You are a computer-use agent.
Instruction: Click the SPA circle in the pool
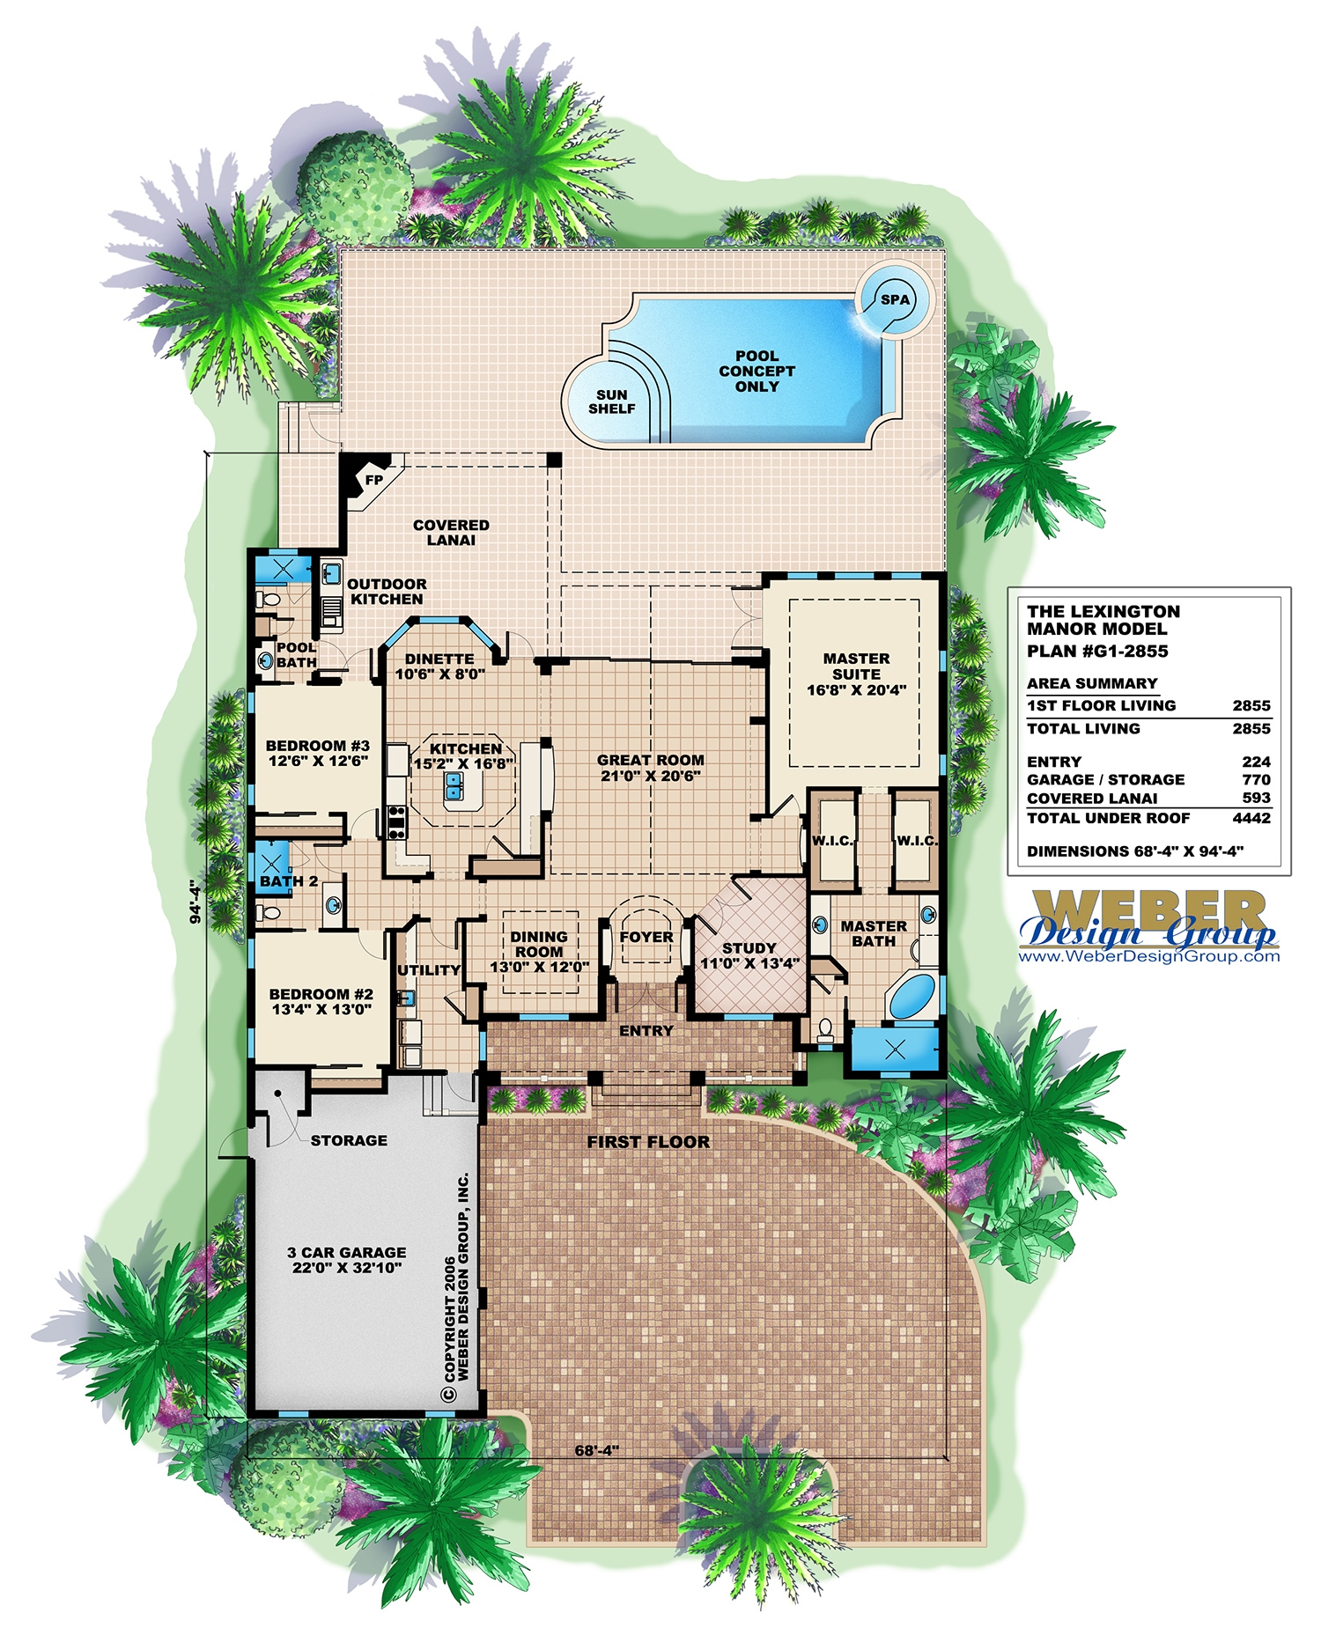[x=895, y=299]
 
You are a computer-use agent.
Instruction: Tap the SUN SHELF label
[x=611, y=401]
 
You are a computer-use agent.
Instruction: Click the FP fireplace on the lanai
[x=373, y=480]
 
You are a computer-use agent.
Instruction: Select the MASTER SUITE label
[x=856, y=666]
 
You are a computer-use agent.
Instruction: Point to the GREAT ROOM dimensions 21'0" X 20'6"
[x=651, y=776]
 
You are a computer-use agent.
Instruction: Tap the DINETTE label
[x=439, y=659]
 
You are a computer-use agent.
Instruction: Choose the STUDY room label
[x=749, y=948]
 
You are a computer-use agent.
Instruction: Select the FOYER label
[x=646, y=937]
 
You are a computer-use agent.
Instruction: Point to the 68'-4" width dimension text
[x=597, y=1450]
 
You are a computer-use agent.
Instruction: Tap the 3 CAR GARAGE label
[x=346, y=1252]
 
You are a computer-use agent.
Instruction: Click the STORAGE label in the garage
[x=349, y=1140]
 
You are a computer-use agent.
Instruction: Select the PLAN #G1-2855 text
[x=1097, y=652]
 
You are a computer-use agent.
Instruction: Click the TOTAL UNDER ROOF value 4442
[x=1251, y=818]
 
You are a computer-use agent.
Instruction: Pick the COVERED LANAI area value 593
[x=1256, y=798]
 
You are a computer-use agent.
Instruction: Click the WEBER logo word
[x=1149, y=907]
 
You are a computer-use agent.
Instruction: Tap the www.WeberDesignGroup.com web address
[x=1149, y=956]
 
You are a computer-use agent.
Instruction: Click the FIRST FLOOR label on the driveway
[x=648, y=1142]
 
